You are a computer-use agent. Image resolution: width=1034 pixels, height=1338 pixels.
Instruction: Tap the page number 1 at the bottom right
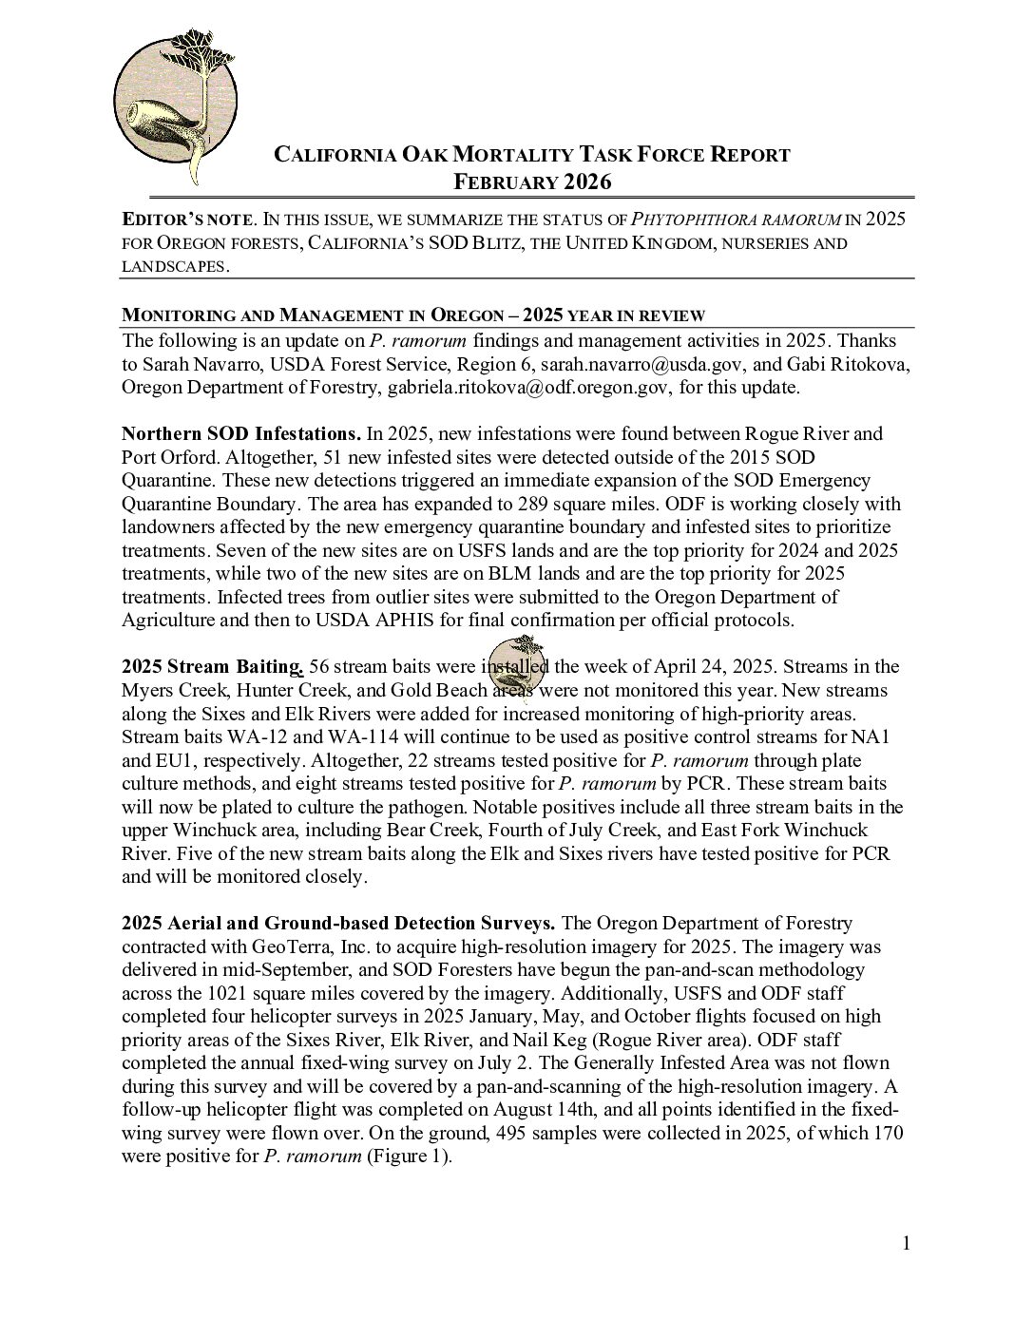[906, 1243]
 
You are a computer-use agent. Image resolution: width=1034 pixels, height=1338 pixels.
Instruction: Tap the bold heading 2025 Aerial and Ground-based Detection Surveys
[338, 923]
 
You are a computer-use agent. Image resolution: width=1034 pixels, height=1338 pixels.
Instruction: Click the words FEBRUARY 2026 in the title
[531, 182]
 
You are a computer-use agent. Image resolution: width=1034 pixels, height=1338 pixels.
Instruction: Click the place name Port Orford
[164, 456]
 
